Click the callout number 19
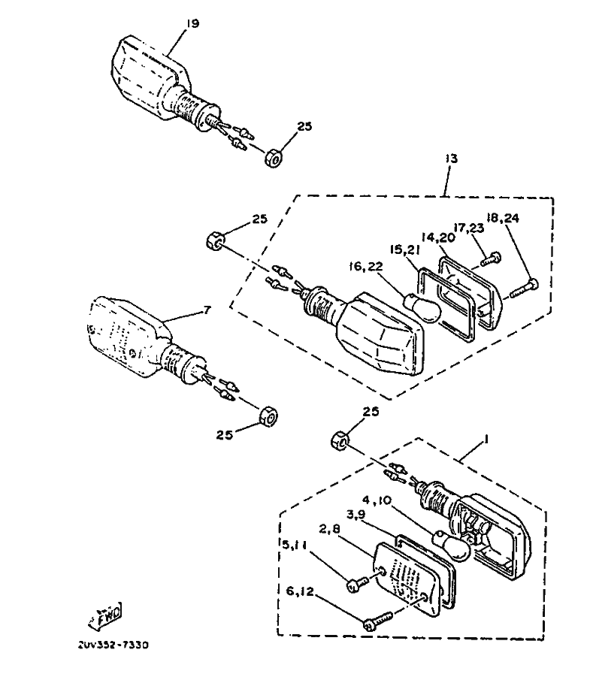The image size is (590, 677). (192, 23)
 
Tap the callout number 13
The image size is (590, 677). (452, 159)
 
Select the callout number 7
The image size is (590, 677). (207, 310)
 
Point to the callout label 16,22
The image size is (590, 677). (366, 267)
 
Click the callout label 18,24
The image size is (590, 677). (503, 218)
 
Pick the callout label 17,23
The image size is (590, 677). (469, 228)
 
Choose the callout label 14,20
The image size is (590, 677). (438, 237)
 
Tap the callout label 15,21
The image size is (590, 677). (404, 250)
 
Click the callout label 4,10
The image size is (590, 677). (377, 500)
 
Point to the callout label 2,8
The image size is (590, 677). (331, 529)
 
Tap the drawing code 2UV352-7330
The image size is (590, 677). (113, 645)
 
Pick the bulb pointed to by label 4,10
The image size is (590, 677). (452, 545)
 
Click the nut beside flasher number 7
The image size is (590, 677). (269, 416)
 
